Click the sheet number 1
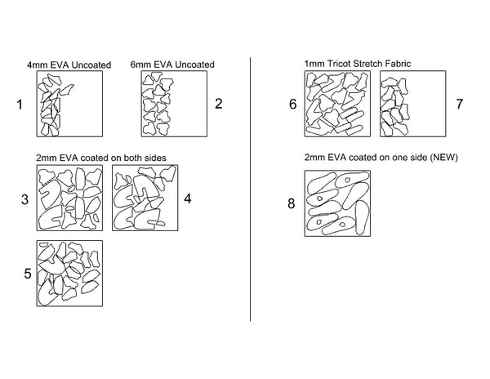20,105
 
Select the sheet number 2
218,104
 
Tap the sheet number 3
24,199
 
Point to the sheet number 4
188,198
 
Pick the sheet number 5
28,274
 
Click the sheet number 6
293,104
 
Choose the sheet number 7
459,104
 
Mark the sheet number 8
292,203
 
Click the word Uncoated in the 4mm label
91,65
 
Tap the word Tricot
339,64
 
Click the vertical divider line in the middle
250,189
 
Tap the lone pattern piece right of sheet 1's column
67,90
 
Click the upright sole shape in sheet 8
362,218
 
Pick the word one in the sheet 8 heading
387,158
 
